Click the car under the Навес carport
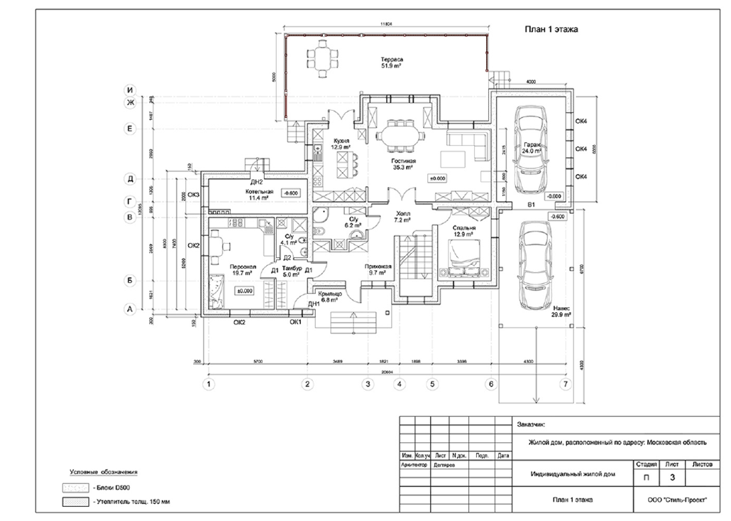(x=537, y=267)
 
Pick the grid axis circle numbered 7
(x=565, y=385)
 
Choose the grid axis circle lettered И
(x=130, y=90)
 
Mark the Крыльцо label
(x=331, y=296)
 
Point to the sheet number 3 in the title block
(x=672, y=476)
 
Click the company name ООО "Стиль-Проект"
(x=677, y=500)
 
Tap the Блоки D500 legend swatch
(x=75, y=488)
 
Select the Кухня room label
(x=341, y=144)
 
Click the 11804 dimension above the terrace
(x=386, y=23)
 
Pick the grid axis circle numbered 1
(x=209, y=385)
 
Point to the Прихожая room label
(x=380, y=269)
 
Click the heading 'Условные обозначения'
(x=104, y=472)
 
